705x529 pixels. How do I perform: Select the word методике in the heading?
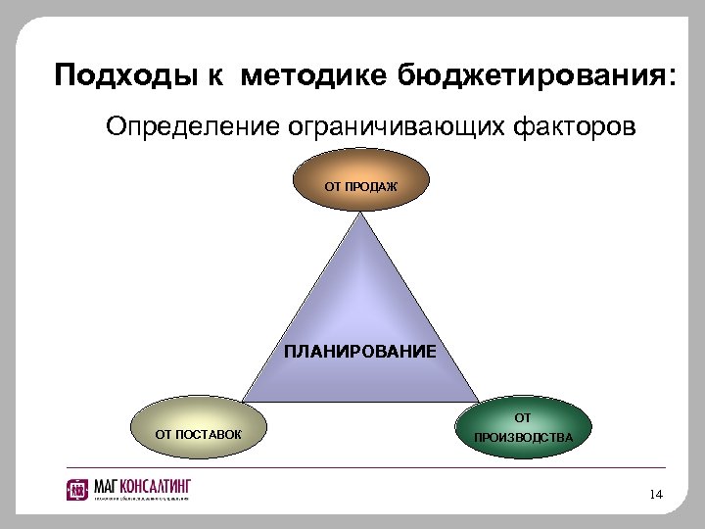[x=314, y=74]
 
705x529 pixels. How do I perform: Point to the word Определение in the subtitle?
[x=192, y=127]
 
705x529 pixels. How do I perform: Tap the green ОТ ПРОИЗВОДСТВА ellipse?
[x=524, y=428]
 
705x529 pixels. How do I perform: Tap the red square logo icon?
[x=77, y=489]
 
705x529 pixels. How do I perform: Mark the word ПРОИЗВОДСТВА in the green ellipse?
[x=524, y=437]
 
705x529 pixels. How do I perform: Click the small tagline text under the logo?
[x=141, y=499]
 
